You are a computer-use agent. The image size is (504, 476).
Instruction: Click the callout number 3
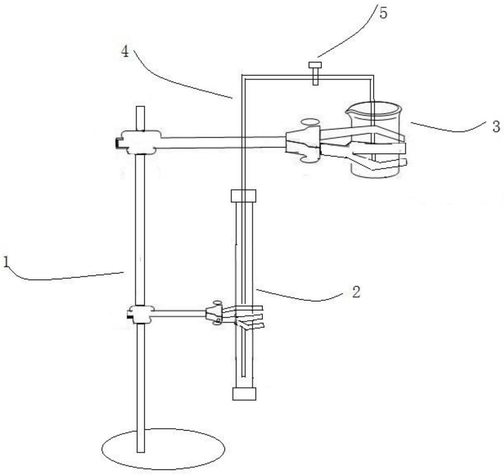pyautogui.click(x=496, y=126)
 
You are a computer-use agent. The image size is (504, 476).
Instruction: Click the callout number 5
pyautogui.click(x=383, y=13)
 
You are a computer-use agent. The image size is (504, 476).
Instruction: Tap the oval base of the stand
pyautogui.click(x=163, y=449)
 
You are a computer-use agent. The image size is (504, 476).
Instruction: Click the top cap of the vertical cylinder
pyautogui.click(x=243, y=196)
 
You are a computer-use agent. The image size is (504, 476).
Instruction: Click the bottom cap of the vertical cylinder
pyautogui.click(x=244, y=394)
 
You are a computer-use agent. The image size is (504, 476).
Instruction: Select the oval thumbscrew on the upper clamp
pyautogui.click(x=310, y=122)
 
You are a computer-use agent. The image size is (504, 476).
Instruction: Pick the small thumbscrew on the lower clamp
pyautogui.click(x=217, y=303)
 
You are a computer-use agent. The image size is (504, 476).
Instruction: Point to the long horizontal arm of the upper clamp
pyautogui.click(x=223, y=142)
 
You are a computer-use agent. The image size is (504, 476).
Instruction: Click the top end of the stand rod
pyautogui.click(x=140, y=108)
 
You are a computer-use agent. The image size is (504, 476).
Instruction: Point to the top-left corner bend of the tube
pyautogui.click(x=242, y=75)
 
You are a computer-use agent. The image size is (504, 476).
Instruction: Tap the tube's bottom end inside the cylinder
pyautogui.click(x=243, y=375)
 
